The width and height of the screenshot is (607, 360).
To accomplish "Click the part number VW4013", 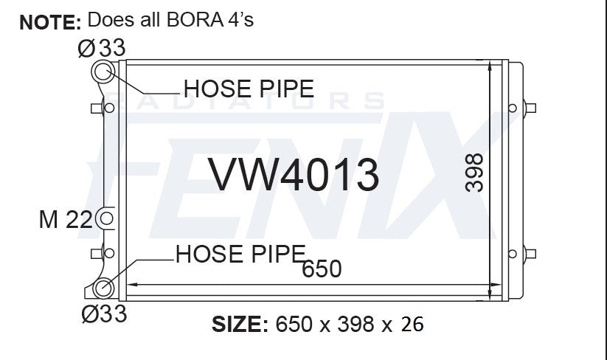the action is coord(294,175).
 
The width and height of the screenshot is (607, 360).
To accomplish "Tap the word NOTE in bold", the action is coord(50,23).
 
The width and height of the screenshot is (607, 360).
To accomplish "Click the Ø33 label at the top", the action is coord(102,49).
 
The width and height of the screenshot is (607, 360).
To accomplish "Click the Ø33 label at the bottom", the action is coord(104,314).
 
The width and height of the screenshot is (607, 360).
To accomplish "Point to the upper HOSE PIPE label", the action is coord(249,89).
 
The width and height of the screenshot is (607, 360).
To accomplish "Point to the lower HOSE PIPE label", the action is coord(240,254).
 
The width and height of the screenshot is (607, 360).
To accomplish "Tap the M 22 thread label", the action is coord(66,220).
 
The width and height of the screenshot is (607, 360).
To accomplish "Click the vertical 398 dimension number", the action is coord(474,173).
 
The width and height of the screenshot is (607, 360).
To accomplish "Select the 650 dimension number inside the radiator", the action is coord(322,269).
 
